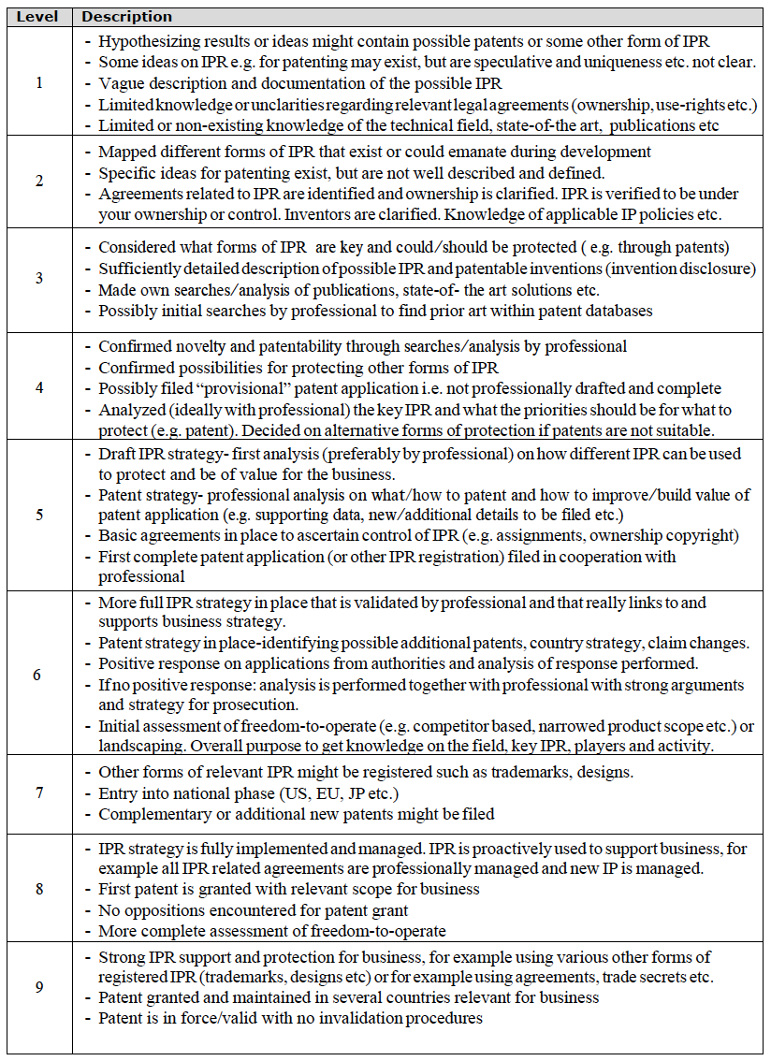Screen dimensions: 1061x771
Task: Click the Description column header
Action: [x=127, y=17]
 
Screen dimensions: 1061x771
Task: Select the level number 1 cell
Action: [x=38, y=82]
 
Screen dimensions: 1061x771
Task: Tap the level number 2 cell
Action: [x=38, y=182]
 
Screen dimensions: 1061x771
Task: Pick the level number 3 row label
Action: [x=38, y=278]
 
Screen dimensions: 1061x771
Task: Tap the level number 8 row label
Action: [x=38, y=888]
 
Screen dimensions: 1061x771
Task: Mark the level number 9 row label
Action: [x=38, y=987]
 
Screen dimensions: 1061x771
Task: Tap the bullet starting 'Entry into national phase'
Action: [x=250, y=793]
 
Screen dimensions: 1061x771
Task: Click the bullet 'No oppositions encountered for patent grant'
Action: [x=253, y=910]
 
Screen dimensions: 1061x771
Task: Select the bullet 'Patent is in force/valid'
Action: [x=290, y=1017]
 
